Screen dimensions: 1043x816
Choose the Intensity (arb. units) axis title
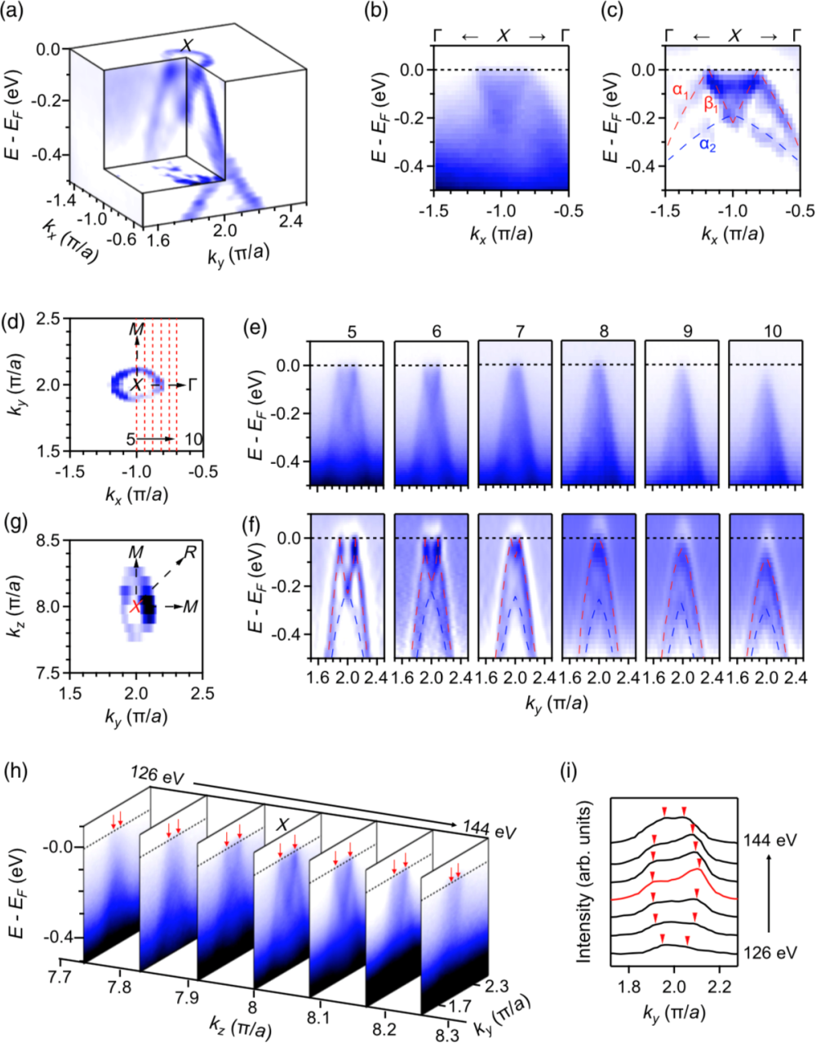click(583, 882)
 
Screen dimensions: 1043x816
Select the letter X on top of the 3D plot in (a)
click(187, 46)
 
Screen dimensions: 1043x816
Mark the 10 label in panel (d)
click(193, 440)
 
